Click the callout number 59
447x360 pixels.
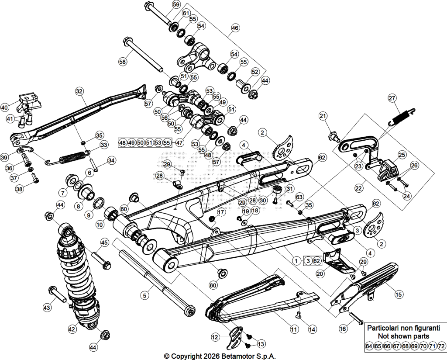tap(176, 4)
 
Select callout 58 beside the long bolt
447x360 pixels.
tap(123, 61)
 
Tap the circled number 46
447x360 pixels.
tap(235, 28)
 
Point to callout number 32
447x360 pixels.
tap(79, 91)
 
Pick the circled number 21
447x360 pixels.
tap(323, 116)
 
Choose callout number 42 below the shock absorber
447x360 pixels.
tap(72, 329)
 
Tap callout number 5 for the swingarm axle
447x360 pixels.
tap(145, 295)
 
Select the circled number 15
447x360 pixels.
tap(399, 294)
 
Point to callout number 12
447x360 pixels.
tap(215, 337)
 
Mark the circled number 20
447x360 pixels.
tap(320, 274)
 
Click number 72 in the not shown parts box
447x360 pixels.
tap(441, 346)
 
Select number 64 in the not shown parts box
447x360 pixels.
tap(369, 346)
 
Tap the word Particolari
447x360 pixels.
tap(382, 328)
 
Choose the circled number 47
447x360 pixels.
tap(179, 142)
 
